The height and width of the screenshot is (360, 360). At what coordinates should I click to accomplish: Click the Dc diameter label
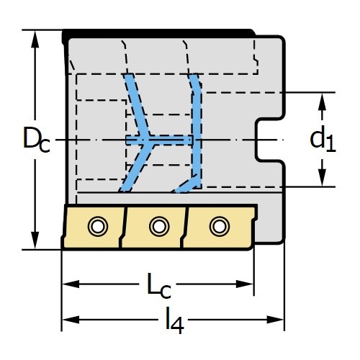[x=37, y=140]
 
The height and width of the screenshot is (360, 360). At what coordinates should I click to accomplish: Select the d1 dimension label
[x=323, y=140]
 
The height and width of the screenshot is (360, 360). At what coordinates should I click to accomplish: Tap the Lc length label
[x=159, y=286]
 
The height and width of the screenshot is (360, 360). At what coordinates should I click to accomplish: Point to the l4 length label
[x=174, y=320]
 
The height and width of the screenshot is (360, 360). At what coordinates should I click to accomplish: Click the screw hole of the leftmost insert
[x=98, y=226]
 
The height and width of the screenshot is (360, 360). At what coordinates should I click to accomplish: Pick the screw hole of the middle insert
[x=159, y=226]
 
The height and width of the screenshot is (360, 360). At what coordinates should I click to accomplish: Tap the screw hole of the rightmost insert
[x=220, y=226]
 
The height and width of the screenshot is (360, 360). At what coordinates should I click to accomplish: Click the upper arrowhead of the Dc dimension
[x=35, y=40]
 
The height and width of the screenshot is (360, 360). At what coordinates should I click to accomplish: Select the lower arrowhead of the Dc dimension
[x=35, y=240]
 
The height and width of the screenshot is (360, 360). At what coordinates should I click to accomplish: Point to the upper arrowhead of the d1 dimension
[x=322, y=102]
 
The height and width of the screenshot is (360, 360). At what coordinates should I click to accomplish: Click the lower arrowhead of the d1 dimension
[x=322, y=177]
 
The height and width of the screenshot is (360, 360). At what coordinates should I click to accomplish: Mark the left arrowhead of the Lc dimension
[x=71, y=284]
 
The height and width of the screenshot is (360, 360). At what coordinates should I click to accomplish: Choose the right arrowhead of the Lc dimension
[x=245, y=284]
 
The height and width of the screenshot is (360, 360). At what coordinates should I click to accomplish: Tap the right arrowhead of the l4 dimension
[x=275, y=320]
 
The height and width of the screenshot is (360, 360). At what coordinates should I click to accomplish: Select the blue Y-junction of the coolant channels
[x=147, y=140]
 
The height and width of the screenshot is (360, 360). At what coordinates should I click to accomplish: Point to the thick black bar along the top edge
[x=158, y=34]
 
